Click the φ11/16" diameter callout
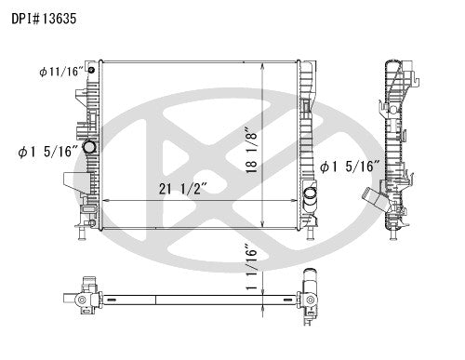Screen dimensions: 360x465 [x=58, y=71]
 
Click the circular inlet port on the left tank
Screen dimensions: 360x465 [x=89, y=148]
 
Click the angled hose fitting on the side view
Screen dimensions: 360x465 [x=374, y=199]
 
